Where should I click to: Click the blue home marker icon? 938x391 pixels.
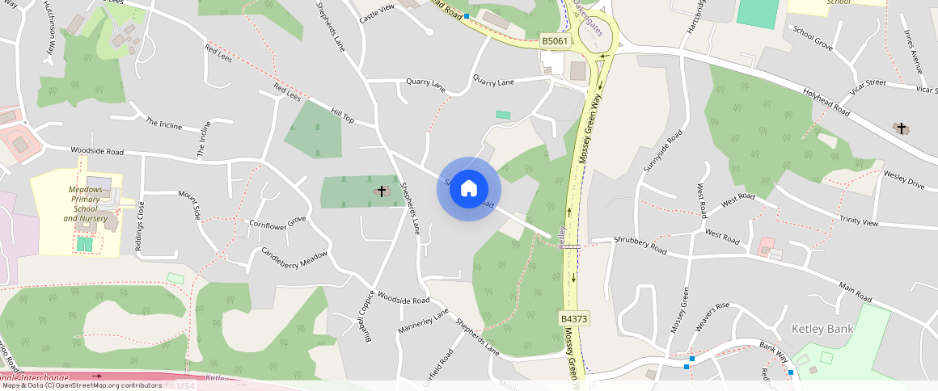tap(469, 189)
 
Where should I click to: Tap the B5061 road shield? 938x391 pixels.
tap(556, 40)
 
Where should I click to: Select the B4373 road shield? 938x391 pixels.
tap(574, 319)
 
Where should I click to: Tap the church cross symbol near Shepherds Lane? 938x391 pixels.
tap(382, 191)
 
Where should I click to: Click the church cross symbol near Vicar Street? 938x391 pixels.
tap(901, 128)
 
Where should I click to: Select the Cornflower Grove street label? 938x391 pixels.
tap(278, 221)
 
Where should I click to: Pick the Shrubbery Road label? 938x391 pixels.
tap(640, 245)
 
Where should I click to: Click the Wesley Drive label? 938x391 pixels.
tap(904, 179)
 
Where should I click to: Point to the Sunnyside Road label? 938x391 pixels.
tap(662, 151)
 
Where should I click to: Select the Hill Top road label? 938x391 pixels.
tap(342, 114)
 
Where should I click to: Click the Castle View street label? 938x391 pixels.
tap(376, 12)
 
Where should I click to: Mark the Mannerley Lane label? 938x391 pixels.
tap(423, 322)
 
